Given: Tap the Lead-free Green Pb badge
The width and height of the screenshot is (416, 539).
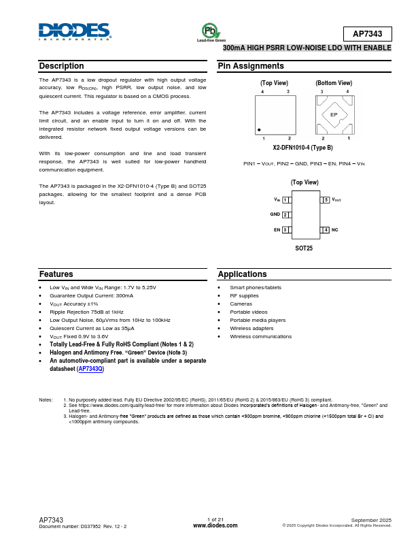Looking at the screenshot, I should (x=211, y=32).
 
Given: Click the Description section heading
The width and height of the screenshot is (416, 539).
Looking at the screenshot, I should (x=61, y=66).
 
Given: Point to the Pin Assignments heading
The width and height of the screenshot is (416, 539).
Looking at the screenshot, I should (x=251, y=66).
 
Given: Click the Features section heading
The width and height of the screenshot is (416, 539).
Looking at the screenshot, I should (x=56, y=274).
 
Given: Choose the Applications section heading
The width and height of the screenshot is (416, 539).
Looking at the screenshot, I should (x=242, y=274).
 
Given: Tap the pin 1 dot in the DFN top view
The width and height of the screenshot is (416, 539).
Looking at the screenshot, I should (x=259, y=129).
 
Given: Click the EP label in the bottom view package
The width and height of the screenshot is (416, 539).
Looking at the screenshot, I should (x=334, y=114).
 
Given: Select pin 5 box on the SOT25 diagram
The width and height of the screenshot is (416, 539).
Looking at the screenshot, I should (x=326, y=199).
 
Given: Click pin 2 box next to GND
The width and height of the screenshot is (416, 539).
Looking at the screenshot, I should (x=285, y=214).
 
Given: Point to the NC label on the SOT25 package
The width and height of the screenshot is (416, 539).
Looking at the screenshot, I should (x=335, y=230).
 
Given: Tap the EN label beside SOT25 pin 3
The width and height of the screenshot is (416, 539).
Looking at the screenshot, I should (x=277, y=230).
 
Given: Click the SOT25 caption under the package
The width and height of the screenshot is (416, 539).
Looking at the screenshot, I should (x=304, y=248).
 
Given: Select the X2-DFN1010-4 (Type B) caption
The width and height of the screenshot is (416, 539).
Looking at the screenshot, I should (x=303, y=148).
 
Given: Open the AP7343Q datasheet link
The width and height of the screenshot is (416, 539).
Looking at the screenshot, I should (x=90, y=369).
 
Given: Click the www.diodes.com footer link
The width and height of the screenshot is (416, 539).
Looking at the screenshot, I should (x=215, y=525).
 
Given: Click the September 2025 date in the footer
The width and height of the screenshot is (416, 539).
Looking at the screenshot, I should (x=371, y=519).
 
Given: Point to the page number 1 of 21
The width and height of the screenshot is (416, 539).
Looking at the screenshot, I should (x=215, y=519).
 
